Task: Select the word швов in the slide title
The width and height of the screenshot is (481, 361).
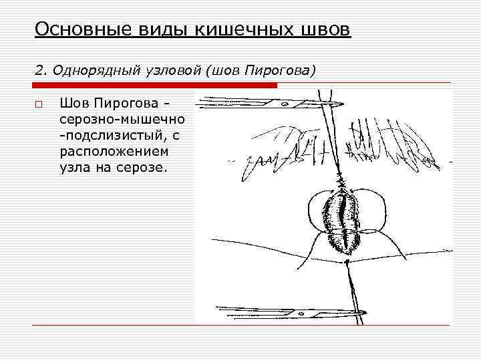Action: point(323,30)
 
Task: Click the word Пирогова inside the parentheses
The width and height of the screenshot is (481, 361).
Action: point(277,70)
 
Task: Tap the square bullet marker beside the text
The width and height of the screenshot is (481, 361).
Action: point(39,104)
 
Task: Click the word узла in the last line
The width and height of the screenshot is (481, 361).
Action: point(74,167)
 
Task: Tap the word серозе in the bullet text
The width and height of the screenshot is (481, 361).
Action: point(140,167)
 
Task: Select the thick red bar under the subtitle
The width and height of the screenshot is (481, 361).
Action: point(155,86)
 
